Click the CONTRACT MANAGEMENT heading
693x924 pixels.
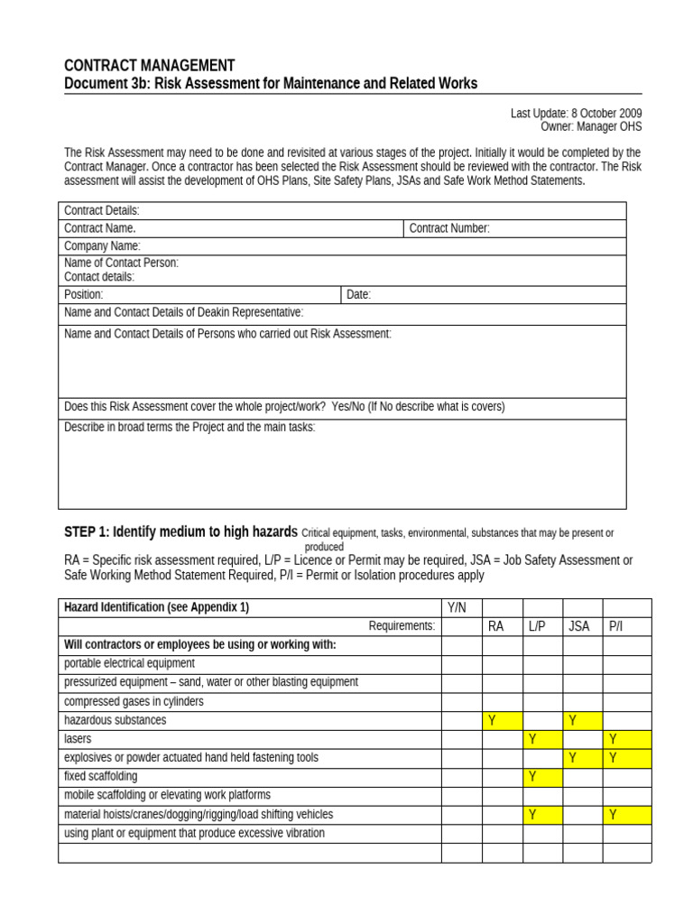coord(150,66)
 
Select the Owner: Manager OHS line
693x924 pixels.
coord(591,127)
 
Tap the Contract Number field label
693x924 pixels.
coord(449,228)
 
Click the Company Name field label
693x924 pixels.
coord(102,245)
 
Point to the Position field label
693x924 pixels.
coord(84,294)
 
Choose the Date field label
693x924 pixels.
coord(358,294)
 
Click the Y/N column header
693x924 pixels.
coord(461,607)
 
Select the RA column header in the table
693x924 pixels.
coord(495,626)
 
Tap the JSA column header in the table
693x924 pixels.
coord(578,626)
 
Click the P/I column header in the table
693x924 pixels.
coord(616,626)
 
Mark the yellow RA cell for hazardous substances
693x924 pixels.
coord(502,720)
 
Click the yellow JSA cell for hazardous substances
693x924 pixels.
coord(582,720)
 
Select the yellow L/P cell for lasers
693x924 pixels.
coord(542,739)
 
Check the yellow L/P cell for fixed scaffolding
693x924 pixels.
coord(542,777)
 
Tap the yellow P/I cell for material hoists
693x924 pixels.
coord(627,815)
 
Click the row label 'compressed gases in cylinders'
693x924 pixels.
coord(134,701)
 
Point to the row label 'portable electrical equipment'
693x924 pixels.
coord(129,663)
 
